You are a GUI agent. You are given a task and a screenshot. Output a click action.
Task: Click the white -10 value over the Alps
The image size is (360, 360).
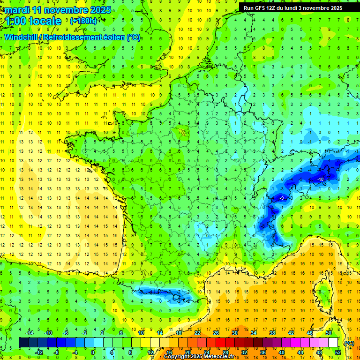(321, 180)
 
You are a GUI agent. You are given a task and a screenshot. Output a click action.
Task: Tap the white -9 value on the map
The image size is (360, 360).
(281, 199)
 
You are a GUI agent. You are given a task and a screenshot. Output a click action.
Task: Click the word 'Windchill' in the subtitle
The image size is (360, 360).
(22, 37)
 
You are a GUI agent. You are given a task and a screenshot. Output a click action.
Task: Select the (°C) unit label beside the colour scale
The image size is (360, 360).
(348, 343)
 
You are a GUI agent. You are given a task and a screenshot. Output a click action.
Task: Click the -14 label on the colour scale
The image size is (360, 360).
(30, 333)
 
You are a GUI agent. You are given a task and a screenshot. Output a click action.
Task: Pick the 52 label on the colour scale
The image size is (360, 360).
(337, 352)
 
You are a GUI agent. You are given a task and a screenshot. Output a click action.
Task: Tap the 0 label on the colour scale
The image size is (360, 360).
(92, 352)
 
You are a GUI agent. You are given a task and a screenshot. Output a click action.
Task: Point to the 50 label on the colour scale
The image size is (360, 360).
(328, 333)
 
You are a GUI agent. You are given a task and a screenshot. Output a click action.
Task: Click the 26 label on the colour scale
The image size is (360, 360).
(216, 333)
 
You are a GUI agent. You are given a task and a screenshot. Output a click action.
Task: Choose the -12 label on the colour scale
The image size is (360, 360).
(39, 352)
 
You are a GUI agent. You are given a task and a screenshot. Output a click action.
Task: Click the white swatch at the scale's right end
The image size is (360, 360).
(333, 343)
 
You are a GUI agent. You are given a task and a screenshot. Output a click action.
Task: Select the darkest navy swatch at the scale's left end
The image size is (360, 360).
(23, 343)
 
